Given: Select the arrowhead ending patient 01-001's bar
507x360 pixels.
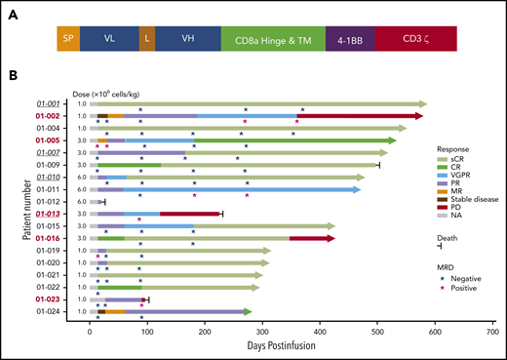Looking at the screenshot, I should point(422,103).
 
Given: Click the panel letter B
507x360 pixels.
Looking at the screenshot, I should point(38,77).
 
